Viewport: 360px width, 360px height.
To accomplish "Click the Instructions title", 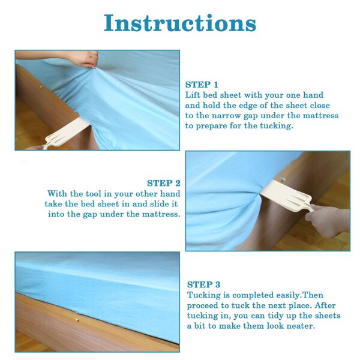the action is pyautogui.click(x=180, y=23).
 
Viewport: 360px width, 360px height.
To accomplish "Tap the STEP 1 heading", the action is pyautogui.click(x=202, y=85).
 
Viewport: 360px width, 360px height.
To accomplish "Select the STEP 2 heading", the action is pyautogui.click(x=164, y=183).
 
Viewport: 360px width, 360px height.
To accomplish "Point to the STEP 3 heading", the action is pyautogui.click(x=203, y=284).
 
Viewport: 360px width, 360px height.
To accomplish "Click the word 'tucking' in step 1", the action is pyautogui.click(x=277, y=126).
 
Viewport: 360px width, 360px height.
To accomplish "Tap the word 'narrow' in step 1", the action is pyautogui.click(x=226, y=115).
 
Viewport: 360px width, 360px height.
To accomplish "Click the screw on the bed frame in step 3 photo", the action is pyautogui.click(x=77, y=320).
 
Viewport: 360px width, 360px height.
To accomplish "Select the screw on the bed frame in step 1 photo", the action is pyautogui.click(x=41, y=88).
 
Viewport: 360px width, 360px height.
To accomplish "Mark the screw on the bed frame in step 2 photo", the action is pyautogui.click(x=284, y=180).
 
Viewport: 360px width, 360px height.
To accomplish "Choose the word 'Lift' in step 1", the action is pyautogui.click(x=193, y=95).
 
